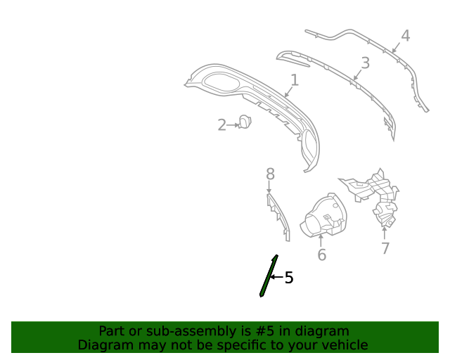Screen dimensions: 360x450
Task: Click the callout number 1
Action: tap(294, 81)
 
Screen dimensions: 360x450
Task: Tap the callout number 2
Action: tap(221, 125)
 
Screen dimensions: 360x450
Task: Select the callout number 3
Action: tap(365, 63)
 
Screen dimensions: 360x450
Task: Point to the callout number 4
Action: tap(405, 36)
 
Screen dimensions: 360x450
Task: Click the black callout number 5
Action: tap(288, 278)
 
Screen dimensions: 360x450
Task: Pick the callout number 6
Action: tap(321, 255)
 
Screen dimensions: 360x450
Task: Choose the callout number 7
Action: tap(385, 248)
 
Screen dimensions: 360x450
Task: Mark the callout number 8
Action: tap(270, 174)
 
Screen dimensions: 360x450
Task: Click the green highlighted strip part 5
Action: tap(269, 276)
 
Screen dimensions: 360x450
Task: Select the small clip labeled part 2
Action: tap(245, 122)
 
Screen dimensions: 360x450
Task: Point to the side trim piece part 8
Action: tap(278, 214)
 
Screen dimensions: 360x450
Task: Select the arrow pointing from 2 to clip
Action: tap(233, 125)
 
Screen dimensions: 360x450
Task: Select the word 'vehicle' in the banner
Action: tap(343, 345)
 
